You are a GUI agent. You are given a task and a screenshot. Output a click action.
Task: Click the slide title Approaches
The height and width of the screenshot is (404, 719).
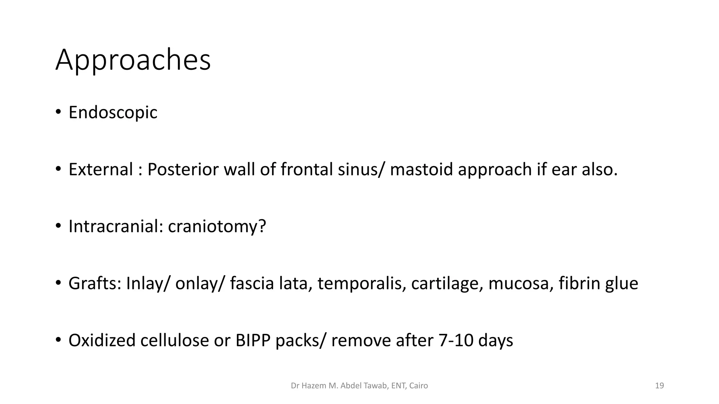(x=133, y=60)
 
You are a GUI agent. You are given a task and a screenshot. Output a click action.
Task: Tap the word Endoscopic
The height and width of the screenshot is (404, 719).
(x=113, y=113)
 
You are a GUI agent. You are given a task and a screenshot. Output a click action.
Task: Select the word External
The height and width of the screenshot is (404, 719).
(x=100, y=169)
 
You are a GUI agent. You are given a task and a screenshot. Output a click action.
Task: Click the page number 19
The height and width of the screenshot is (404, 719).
(x=659, y=386)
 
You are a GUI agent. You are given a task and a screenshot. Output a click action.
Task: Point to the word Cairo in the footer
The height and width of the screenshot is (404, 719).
(x=418, y=386)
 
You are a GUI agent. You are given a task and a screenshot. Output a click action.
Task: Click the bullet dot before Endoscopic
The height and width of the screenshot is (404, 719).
(x=58, y=113)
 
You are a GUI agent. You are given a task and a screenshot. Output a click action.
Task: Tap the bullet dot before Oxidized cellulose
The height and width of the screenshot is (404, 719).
(x=58, y=340)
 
